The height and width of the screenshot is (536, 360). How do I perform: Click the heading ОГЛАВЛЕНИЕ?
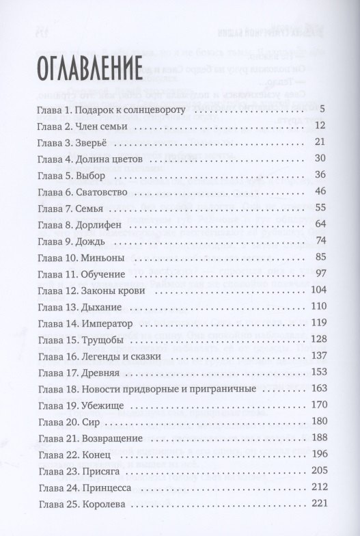pos(87,69)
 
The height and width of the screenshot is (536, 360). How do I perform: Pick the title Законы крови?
pos(113,289)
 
